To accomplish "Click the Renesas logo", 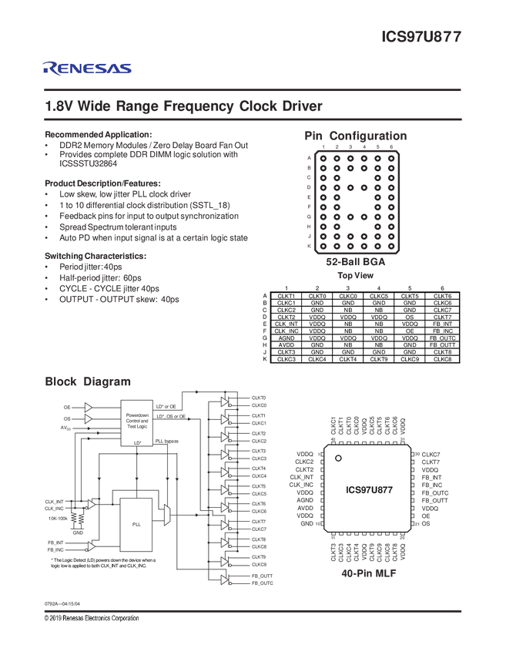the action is point(87,69).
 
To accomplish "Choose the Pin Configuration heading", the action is point(356,136).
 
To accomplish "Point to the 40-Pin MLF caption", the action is point(367,573).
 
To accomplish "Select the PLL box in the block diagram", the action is point(136,524).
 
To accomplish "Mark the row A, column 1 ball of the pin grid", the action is point(323,157).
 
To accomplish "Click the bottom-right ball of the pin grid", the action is point(393,247).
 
